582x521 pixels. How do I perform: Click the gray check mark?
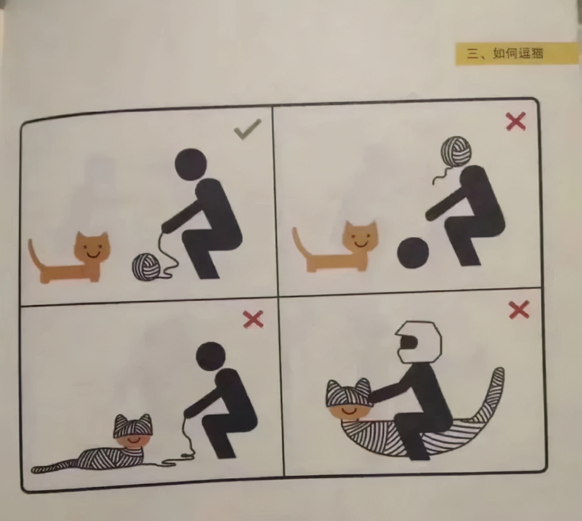pos(248,129)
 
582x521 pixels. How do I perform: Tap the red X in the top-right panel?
pos(516,121)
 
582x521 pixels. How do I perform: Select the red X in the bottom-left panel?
pos(253,319)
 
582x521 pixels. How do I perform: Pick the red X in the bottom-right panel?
pos(519,310)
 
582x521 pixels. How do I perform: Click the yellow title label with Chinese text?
pos(516,54)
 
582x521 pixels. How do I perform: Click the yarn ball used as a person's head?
pos(456,151)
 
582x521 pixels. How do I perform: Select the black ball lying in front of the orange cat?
pos(413,253)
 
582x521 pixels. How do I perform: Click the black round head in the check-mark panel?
pos(191,164)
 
